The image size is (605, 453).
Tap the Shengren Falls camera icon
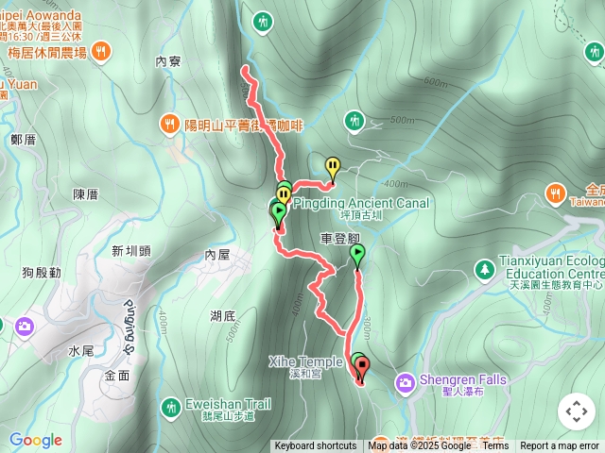[x=406, y=381]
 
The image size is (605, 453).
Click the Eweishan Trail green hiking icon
[x=171, y=407]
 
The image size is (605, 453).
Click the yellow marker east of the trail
[x=333, y=168]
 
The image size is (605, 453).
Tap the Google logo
[x=35, y=441]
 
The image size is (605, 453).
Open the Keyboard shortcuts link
[x=316, y=446]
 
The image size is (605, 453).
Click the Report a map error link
[x=560, y=446]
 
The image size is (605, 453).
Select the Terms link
[x=496, y=446]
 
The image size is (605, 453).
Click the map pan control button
[x=577, y=411]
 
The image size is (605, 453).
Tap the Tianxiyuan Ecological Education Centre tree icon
[x=484, y=269]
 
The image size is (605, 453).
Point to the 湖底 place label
[x=223, y=315]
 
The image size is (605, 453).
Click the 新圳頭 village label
[x=131, y=250]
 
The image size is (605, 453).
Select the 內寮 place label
[x=167, y=61]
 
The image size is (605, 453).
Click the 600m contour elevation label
[x=436, y=83]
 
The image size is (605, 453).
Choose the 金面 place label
[x=117, y=375]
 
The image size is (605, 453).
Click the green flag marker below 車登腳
[x=357, y=253]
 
